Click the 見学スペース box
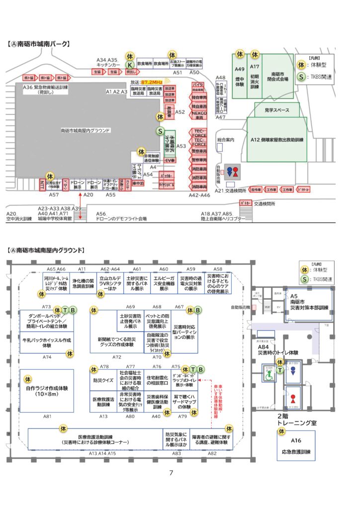click(277, 109)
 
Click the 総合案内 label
click(226, 140)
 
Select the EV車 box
click(170, 161)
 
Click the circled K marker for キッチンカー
click(129, 65)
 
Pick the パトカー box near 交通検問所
click(245, 203)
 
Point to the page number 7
click(171, 473)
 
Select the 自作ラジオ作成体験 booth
click(46, 391)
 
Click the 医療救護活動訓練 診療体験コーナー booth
click(94, 439)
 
